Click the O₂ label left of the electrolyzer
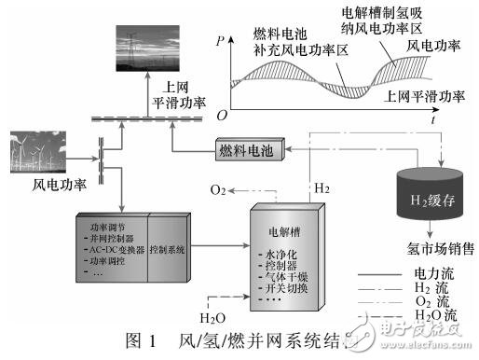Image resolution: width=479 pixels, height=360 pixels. click(219, 190)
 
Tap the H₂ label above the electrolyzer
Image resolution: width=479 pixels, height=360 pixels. click(321, 188)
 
